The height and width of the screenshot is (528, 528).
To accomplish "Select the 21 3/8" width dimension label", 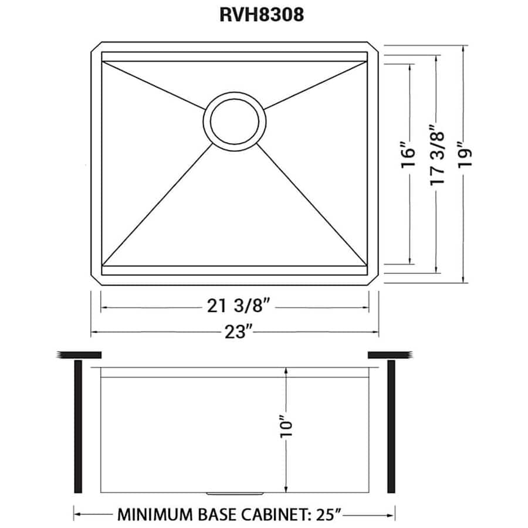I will [234, 306].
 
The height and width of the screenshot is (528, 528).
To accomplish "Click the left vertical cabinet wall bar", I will [77, 427].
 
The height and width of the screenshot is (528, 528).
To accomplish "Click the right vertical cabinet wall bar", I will [391, 427].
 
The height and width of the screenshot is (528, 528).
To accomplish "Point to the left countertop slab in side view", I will [80, 354].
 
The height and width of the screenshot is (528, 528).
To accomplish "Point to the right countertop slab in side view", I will [389, 354].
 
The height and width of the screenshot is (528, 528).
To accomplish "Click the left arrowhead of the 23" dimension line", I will [93, 333].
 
